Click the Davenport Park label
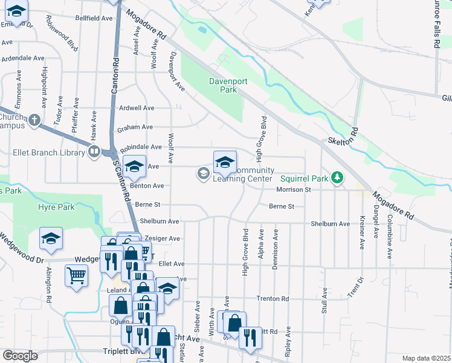click(223, 85)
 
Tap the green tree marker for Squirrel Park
click(337, 177)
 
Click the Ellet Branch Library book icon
click(94, 151)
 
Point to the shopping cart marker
click(76, 276)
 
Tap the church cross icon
click(34, 119)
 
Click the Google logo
click(19, 356)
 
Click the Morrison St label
click(293, 189)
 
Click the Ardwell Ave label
click(137, 108)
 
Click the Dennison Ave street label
click(276, 249)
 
